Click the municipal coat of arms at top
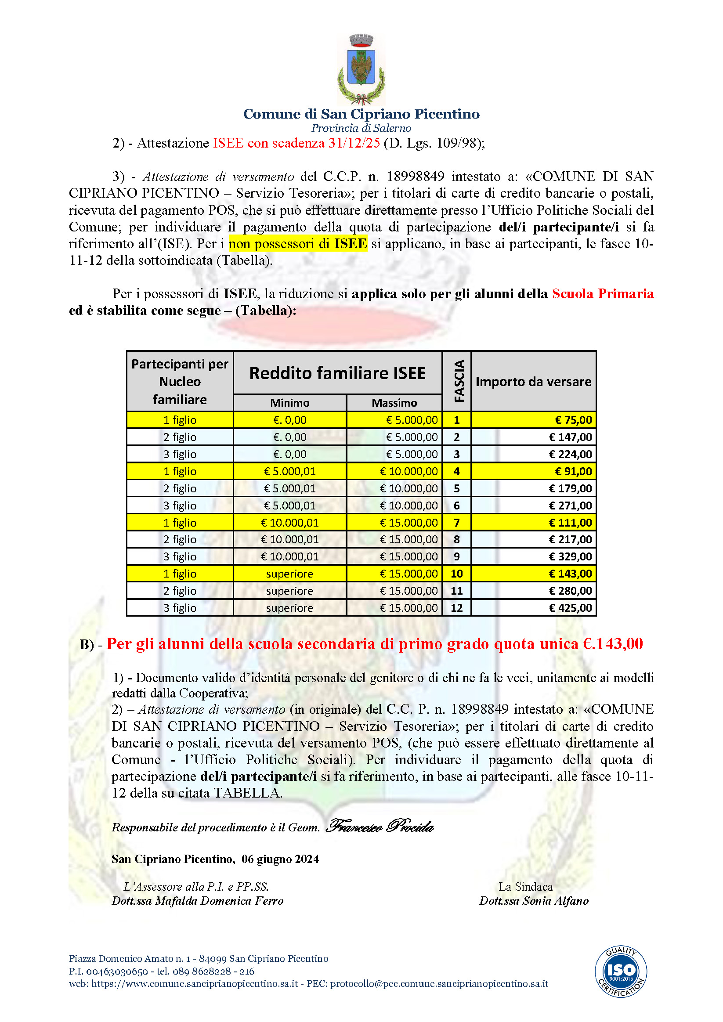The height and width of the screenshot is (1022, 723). (361, 69)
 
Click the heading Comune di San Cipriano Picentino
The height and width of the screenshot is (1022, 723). (361, 114)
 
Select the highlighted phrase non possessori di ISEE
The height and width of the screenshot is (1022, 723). (298, 244)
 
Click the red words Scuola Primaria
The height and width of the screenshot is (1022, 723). (603, 294)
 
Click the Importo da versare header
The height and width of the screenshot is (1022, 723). (533, 382)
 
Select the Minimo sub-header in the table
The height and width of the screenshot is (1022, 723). (290, 403)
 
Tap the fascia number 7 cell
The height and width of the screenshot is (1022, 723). (457, 523)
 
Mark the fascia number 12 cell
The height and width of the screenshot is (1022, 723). (457, 608)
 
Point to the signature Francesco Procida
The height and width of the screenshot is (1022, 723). (380, 827)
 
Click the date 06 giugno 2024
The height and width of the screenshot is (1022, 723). (280, 859)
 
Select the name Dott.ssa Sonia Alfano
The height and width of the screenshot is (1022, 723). (534, 901)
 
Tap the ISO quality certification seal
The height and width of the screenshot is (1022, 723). (621, 971)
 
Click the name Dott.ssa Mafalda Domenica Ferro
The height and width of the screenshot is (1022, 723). (197, 901)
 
